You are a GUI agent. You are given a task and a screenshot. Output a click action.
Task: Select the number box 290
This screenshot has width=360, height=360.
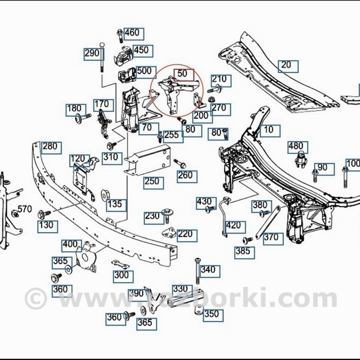(92, 53)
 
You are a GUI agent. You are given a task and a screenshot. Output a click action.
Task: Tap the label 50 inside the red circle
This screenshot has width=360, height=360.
(182, 73)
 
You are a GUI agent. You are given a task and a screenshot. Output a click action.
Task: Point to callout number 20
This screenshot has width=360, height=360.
(286, 65)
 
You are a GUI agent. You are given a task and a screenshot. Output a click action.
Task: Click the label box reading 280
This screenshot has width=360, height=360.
(50, 147)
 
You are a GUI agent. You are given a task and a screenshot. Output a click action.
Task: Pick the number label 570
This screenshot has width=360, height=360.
(24, 209)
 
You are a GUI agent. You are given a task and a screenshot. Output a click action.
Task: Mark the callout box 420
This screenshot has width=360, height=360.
(233, 225)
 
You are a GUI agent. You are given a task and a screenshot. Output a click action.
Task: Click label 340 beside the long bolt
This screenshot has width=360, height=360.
(207, 270)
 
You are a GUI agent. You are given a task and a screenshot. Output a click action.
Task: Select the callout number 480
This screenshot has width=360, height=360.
(296, 146)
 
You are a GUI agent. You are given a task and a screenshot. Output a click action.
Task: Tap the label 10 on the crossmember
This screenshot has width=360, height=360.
(269, 130)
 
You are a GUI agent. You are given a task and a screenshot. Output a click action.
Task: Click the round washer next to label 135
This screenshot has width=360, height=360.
(105, 193)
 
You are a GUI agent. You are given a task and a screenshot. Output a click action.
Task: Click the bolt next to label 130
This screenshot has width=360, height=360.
(41, 214)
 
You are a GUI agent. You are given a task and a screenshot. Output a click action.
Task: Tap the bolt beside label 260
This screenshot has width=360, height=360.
(180, 163)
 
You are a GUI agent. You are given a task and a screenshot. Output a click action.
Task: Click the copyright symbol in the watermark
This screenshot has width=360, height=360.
(35, 298)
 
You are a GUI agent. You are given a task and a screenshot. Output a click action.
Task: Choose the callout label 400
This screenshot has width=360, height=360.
(70, 245)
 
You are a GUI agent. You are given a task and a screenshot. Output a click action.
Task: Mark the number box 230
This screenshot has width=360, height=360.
(152, 216)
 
